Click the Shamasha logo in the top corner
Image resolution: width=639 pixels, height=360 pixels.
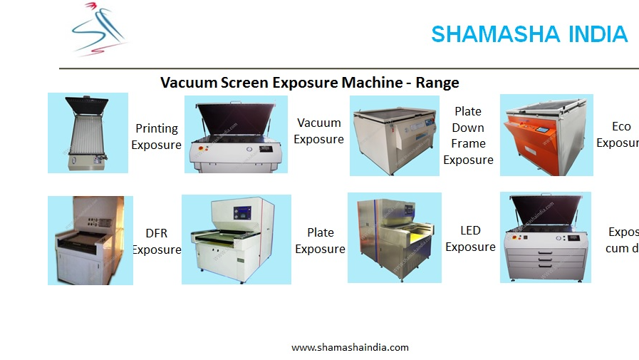[x=100, y=29]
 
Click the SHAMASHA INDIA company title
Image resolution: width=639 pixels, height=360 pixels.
[x=529, y=34]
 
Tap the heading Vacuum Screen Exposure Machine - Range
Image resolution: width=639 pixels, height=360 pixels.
[x=309, y=83]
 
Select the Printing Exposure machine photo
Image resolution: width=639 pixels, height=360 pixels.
[x=88, y=133]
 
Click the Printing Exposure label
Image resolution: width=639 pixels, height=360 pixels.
[x=157, y=137]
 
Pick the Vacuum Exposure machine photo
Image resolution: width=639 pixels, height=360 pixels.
[x=236, y=135]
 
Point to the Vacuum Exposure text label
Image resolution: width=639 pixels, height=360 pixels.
[x=318, y=131]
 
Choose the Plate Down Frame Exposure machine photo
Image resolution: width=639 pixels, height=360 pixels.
[x=394, y=135]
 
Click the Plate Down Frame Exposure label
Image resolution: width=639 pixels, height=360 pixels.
[x=468, y=135]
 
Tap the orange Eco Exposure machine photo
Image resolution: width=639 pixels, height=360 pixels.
[x=546, y=135]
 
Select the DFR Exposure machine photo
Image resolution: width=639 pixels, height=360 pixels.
[x=90, y=240]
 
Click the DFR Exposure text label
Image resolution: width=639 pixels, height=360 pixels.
[x=156, y=241]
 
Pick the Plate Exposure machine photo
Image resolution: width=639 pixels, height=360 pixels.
[x=236, y=239]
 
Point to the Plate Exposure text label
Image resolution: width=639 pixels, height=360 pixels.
[x=320, y=241]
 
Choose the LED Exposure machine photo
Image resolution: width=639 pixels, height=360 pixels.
[x=394, y=237]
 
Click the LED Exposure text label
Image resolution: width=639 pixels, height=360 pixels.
[x=470, y=239]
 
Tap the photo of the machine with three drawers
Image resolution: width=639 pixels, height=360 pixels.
[x=545, y=237]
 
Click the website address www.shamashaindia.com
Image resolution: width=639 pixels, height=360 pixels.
[x=350, y=347]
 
